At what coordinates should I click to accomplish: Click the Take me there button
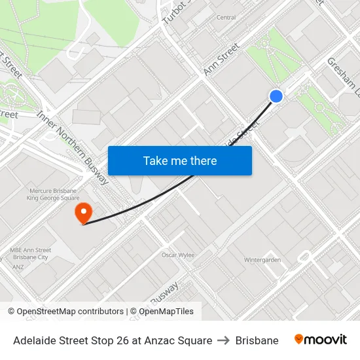click(180, 160)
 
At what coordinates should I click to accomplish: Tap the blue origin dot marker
click(276, 96)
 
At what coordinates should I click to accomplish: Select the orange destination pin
click(83, 213)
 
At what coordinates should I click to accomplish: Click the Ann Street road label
click(222, 60)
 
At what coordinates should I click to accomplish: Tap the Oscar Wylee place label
click(178, 255)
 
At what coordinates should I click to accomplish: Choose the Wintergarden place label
click(262, 260)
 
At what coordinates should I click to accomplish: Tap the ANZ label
click(19, 266)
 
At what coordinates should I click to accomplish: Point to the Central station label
click(226, 17)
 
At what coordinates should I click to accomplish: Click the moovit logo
click(320, 340)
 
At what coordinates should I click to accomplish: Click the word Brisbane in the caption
click(257, 340)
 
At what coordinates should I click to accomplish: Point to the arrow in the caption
click(224, 340)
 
